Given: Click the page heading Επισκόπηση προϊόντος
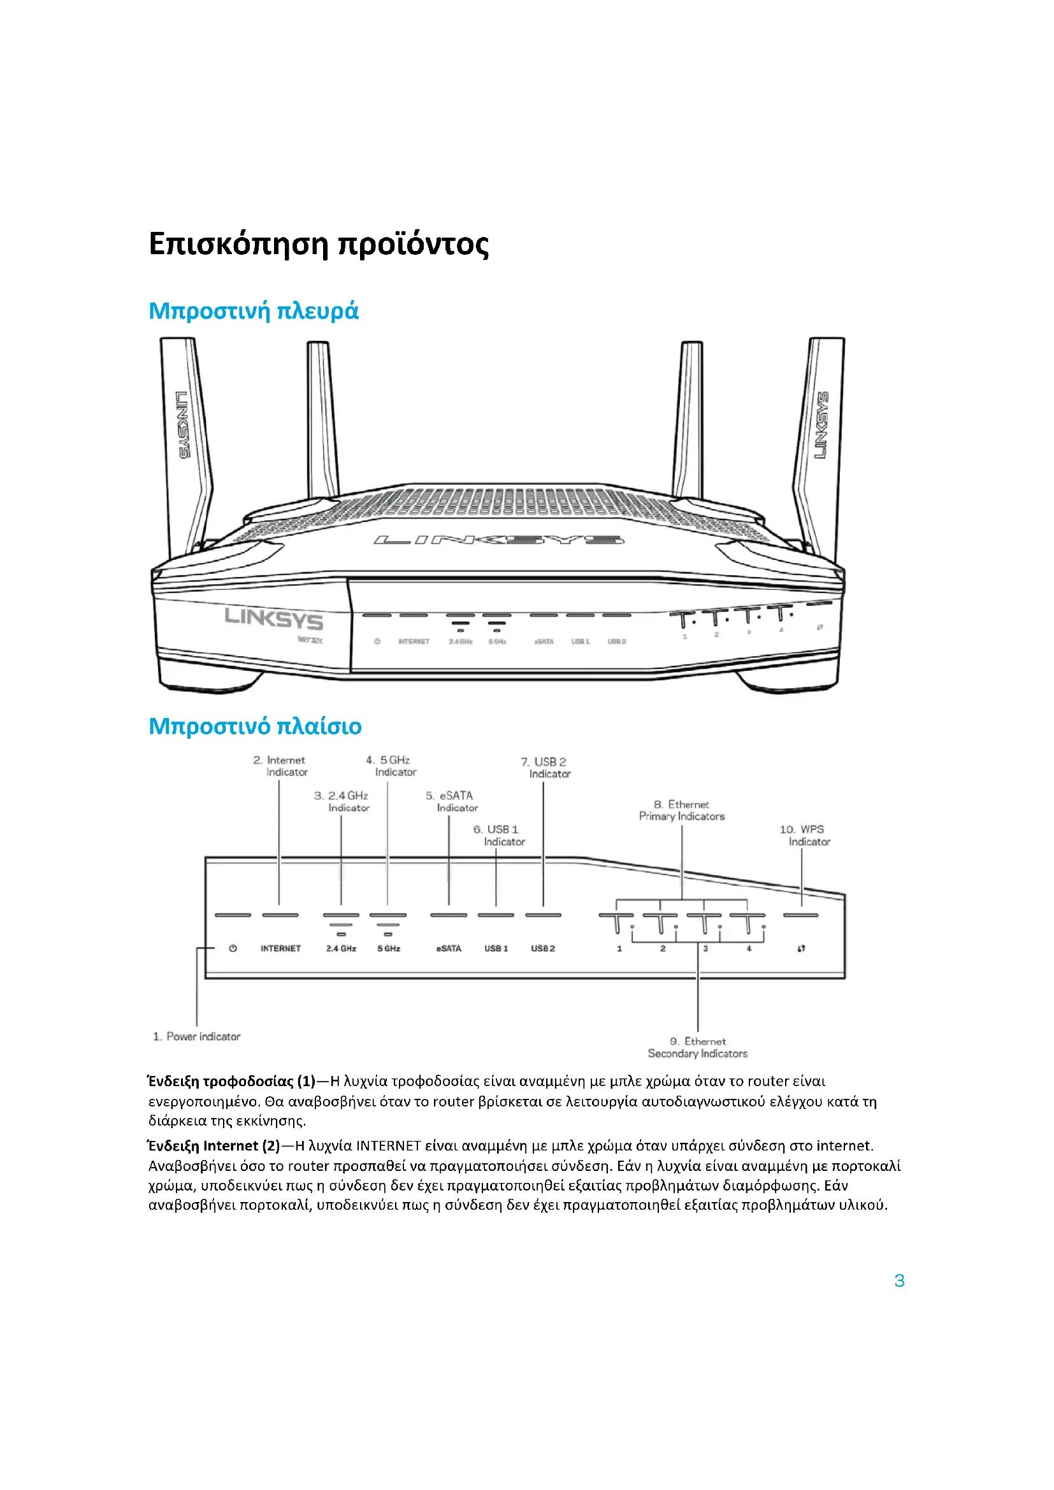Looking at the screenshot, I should [x=318, y=245].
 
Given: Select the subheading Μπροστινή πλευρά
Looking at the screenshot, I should [x=253, y=311].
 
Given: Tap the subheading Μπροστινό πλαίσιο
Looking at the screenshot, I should [x=255, y=726].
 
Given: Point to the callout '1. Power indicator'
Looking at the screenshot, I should [x=197, y=1036].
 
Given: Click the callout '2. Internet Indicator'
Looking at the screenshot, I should [x=280, y=766].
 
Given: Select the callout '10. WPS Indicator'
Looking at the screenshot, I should [x=804, y=835].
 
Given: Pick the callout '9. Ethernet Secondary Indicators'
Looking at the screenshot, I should [x=698, y=1047].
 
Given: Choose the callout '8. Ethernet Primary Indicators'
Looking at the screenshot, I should [x=682, y=810].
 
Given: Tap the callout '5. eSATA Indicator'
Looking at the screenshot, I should [x=452, y=801].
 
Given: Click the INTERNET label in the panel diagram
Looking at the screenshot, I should [x=280, y=948].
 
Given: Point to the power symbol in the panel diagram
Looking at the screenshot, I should [x=233, y=948].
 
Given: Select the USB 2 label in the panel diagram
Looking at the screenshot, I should [x=543, y=948].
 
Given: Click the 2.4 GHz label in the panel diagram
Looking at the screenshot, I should [x=342, y=948].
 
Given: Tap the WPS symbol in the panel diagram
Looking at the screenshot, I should [x=802, y=948].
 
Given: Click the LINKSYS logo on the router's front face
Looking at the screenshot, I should [x=274, y=619].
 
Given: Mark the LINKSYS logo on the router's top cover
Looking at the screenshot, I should [x=498, y=540].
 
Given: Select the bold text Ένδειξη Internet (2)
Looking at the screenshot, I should [x=214, y=1145].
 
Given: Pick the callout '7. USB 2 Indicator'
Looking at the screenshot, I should [x=546, y=768].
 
